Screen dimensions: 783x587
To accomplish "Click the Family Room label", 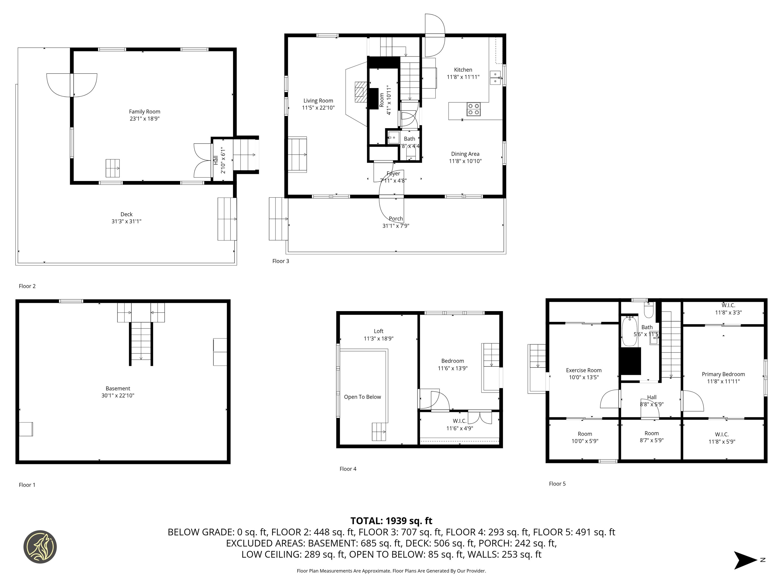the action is (x=144, y=112).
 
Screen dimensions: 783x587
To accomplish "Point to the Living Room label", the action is (x=318, y=101).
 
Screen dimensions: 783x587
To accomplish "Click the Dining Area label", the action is (x=465, y=154).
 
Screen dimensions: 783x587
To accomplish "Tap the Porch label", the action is (x=396, y=219).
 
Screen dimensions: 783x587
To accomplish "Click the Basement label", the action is (x=118, y=388).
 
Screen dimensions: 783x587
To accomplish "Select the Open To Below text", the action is (x=362, y=397).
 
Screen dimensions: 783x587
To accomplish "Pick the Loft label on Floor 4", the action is (x=378, y=331).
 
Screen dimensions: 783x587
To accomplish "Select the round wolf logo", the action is (x=40, y=547).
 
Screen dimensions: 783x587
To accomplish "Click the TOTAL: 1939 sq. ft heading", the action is (x=391, y=521).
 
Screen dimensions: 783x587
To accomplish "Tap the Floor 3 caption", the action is (x=280, y=261).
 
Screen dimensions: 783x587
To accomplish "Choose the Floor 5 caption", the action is (x=557, y=484).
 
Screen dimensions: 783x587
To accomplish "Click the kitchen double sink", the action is (x=495, y=78).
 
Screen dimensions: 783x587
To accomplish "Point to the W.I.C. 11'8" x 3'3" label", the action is (x=728, y=309).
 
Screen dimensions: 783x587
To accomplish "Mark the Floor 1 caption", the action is (x=27, y=485).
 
